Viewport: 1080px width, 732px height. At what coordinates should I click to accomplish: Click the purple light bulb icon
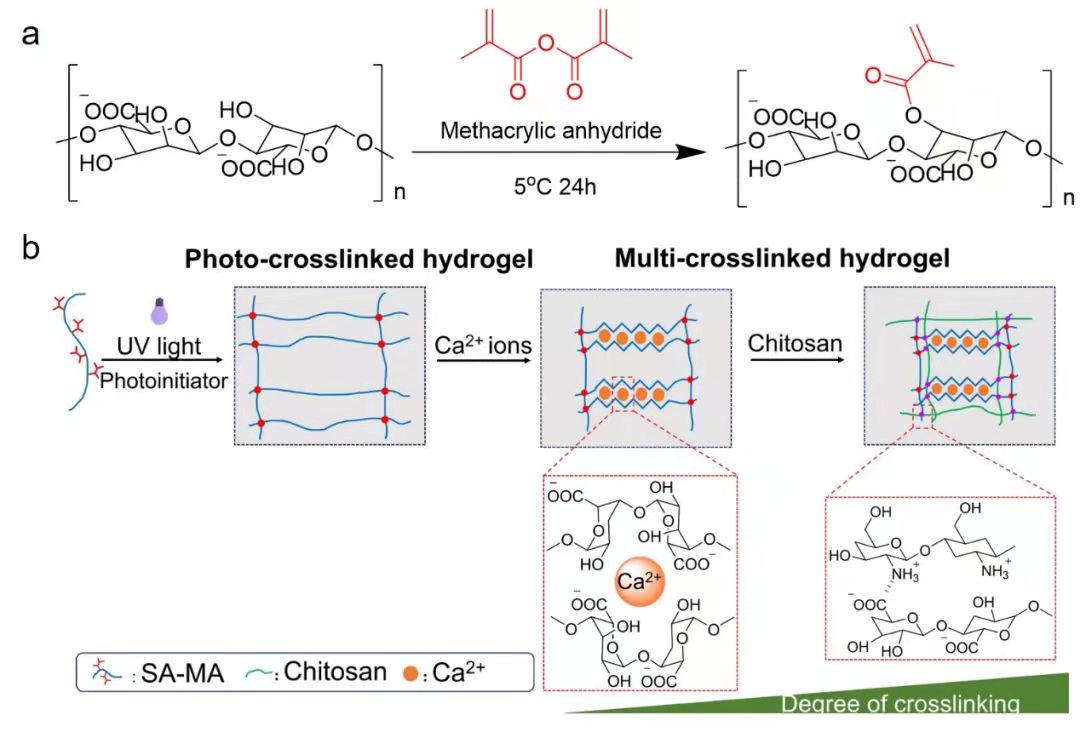point(157,313)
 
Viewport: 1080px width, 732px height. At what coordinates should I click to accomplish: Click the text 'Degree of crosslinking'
point(900,704)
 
